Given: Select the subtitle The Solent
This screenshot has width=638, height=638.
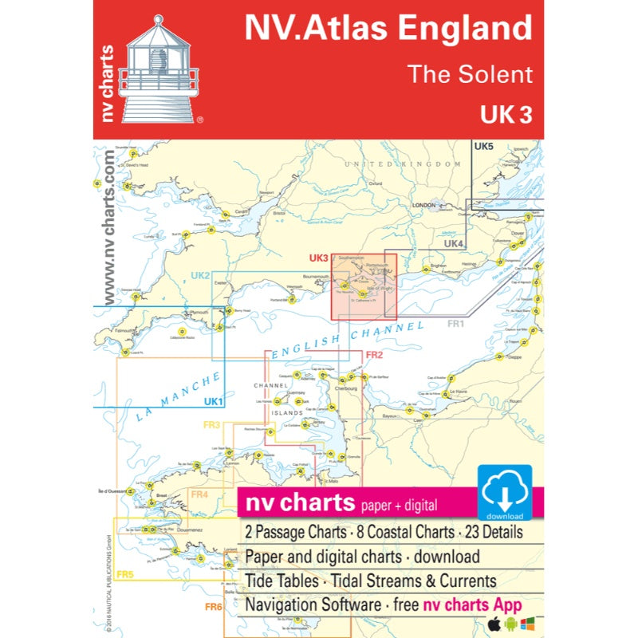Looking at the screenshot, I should [470, 74].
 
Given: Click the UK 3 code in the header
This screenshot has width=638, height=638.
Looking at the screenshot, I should [506, 115].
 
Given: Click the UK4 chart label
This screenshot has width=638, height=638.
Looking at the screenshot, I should [454, 244].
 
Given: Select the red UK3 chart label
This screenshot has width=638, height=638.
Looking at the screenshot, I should [318, 258].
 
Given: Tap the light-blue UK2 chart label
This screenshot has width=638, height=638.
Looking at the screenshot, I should [200, 276].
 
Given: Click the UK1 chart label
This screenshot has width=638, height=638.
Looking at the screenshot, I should [212, 401].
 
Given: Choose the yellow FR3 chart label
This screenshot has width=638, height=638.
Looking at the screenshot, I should [211, 425].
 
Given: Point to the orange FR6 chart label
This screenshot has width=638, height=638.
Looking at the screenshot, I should [212, 608].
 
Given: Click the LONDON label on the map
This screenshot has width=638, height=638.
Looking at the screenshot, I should [421, 205].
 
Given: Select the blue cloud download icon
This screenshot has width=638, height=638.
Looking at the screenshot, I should [505, 492].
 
